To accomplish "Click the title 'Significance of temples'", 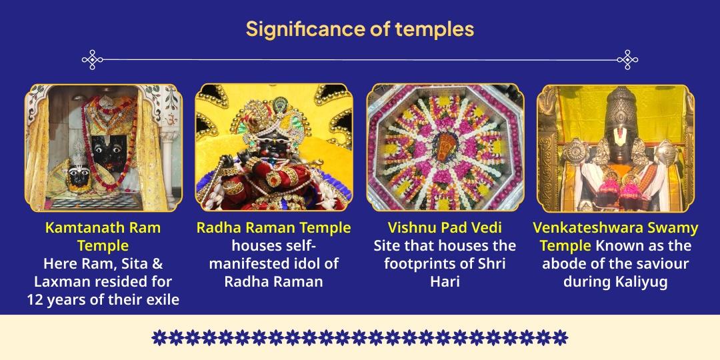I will pos(359,29).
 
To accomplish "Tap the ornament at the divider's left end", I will pos(93,60).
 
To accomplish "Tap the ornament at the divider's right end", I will pos(627,60).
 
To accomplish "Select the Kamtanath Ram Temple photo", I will pos(103,147).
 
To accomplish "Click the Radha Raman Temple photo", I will pos(274,147).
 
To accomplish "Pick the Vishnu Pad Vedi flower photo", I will pos(445,147).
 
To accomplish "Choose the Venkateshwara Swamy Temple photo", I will pos(615,147).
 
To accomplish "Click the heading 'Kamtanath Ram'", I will pos(103,227).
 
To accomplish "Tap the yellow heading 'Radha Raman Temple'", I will pos(273,227).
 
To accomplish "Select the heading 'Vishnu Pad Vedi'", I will pos(445,227).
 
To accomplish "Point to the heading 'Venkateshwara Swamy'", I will pos(615,227).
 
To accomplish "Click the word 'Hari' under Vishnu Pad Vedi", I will pos(445,281).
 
